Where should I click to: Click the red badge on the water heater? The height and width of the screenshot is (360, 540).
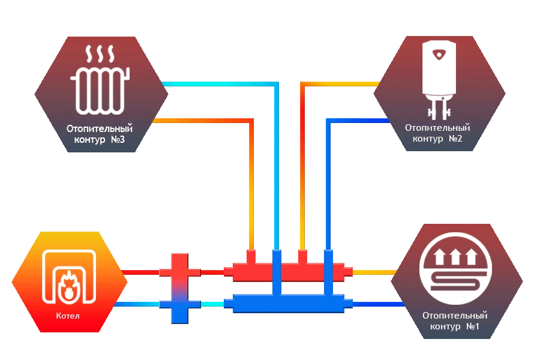click(x=442, y=54)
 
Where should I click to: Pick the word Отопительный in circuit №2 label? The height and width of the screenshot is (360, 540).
click(x=437, y=128)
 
